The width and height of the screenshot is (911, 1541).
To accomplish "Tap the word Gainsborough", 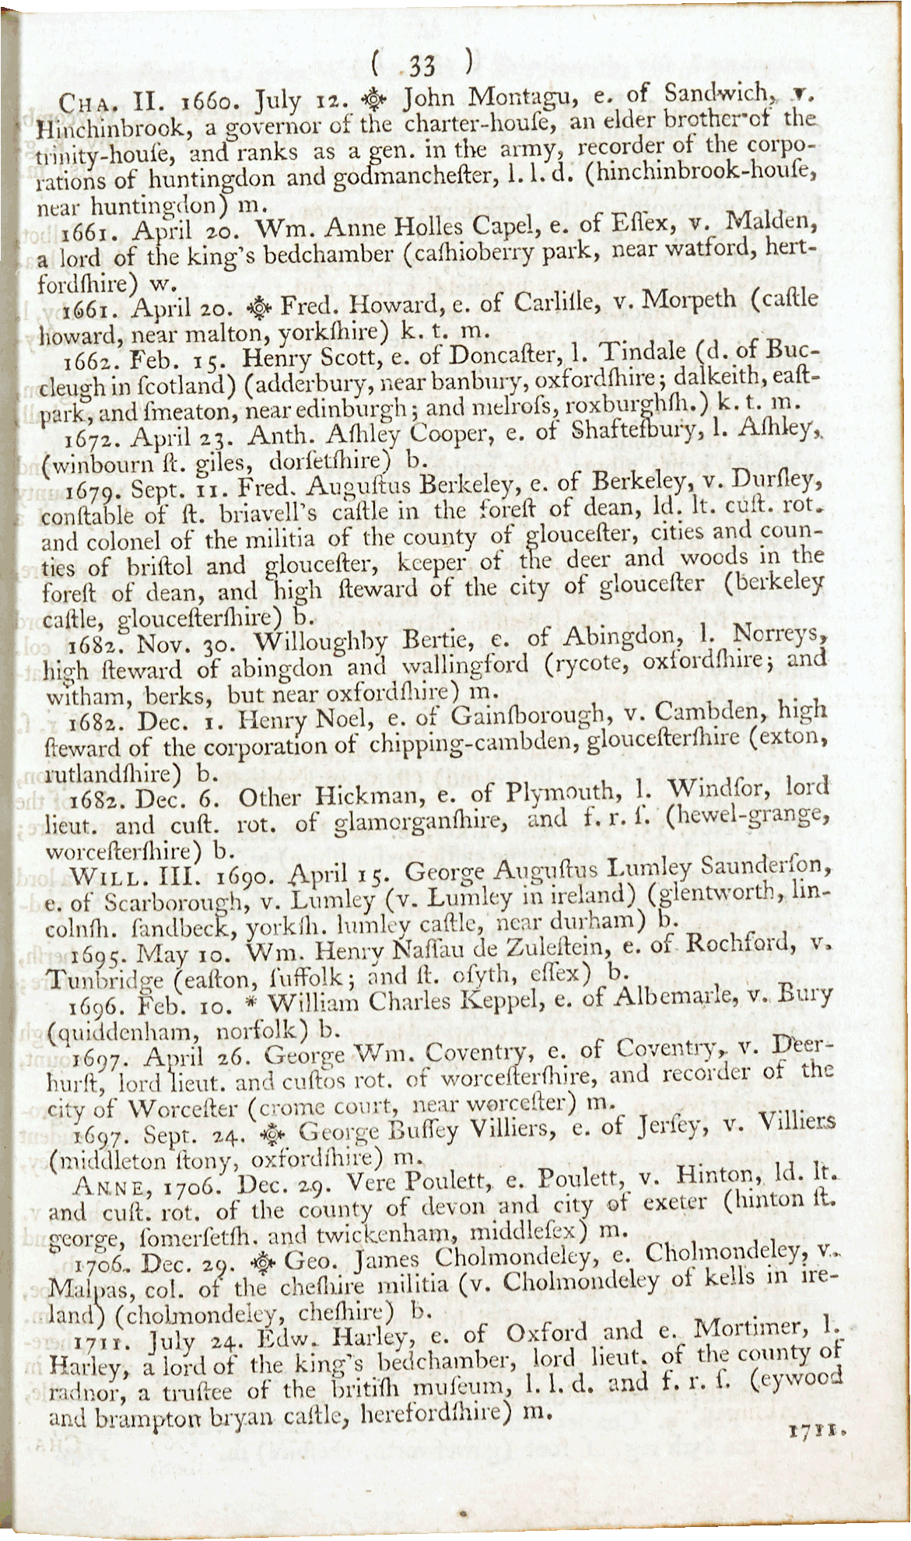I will click(527, 714).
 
